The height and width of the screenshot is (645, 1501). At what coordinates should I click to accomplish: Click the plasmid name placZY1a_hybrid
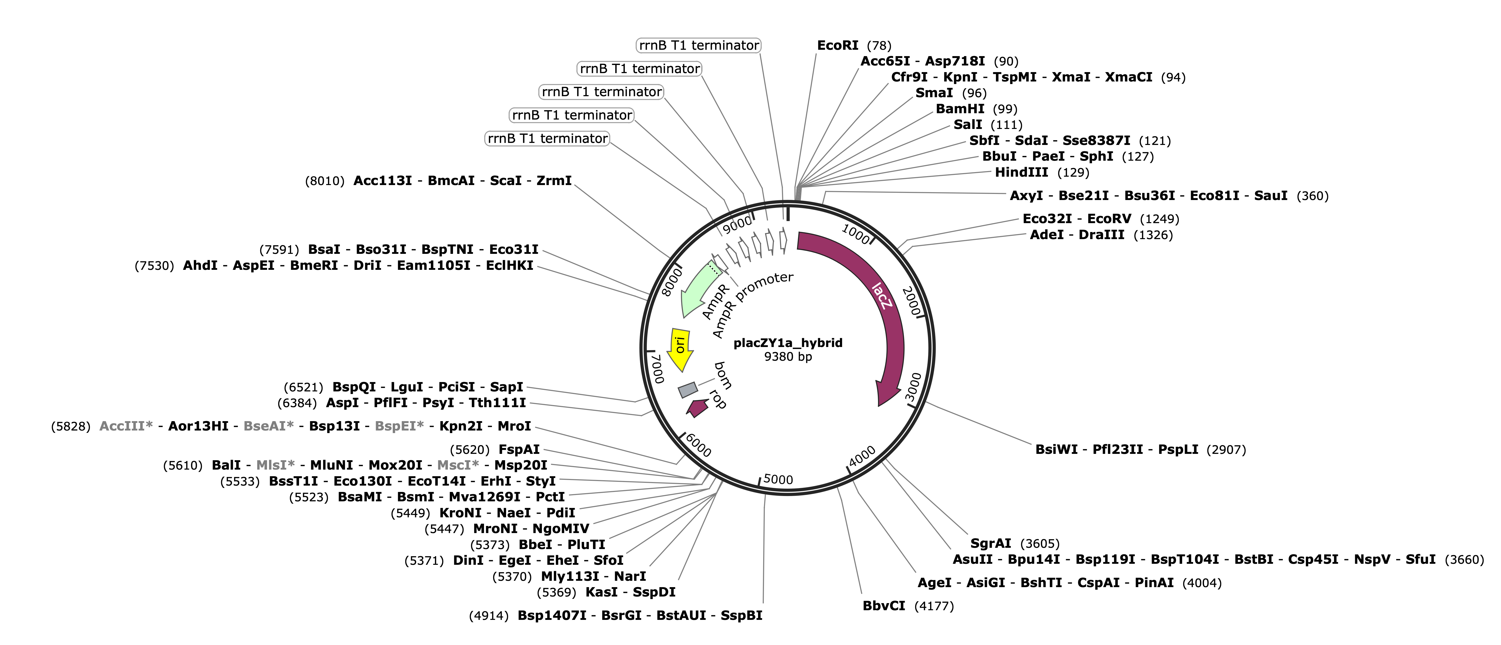788,343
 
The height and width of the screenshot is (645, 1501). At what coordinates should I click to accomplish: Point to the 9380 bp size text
788,357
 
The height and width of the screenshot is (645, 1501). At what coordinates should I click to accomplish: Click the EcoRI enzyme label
837,45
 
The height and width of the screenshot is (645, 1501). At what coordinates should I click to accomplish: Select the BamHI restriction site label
960,109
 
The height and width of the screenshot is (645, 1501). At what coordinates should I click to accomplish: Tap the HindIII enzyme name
1021,172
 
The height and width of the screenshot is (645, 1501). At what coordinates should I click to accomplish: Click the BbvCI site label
884,606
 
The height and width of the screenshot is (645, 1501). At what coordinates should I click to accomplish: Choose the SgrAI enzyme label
991,544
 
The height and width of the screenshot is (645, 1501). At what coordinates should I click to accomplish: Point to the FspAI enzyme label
519,449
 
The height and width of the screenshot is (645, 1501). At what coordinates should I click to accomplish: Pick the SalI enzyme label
967,125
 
